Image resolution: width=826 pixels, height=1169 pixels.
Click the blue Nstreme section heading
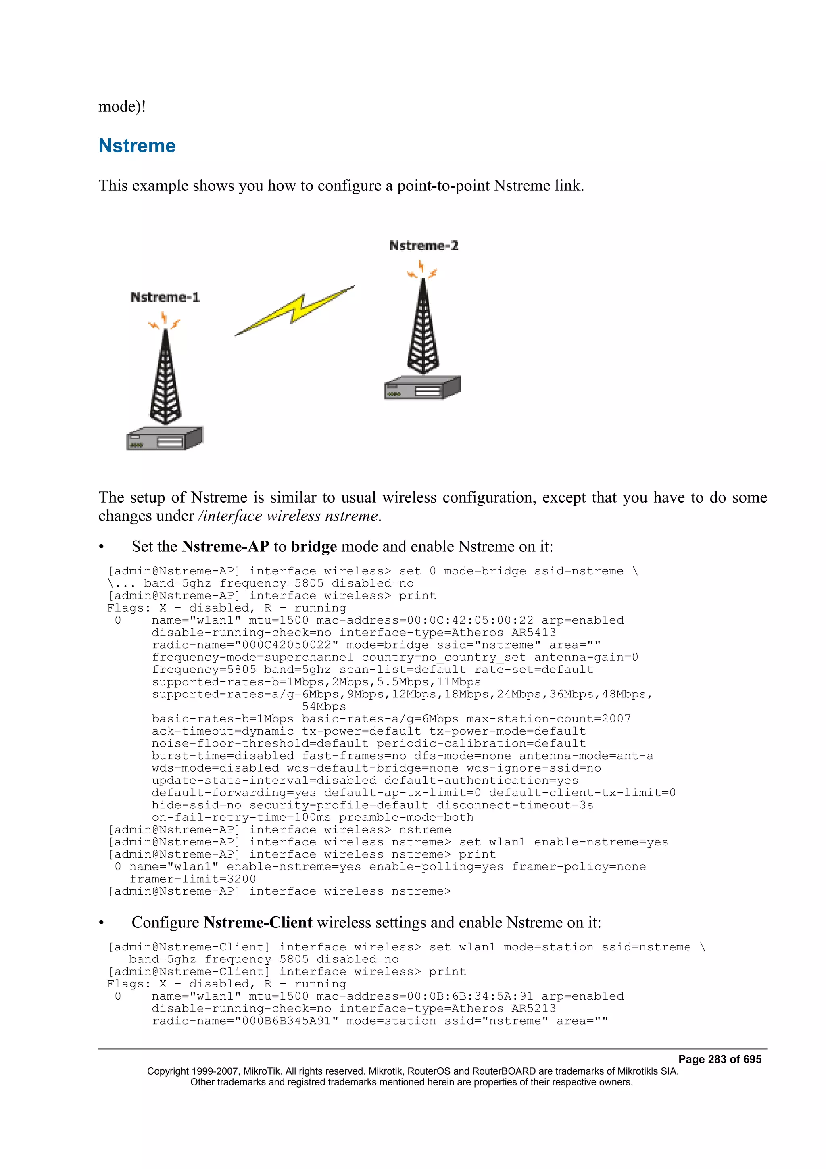coord(137,146)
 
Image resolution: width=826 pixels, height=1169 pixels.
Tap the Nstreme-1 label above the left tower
coord(165,297)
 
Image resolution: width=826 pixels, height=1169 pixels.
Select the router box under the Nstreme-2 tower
coord(422,388)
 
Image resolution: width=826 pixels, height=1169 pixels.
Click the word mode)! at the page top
coord(122,106)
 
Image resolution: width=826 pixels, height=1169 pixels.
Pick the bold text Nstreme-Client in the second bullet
coord(258,922)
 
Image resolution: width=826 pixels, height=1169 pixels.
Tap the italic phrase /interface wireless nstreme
coord(288,516)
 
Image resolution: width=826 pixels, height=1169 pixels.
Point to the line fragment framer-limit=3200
coord(193,879)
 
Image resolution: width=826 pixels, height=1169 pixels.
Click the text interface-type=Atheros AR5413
coord(447,633)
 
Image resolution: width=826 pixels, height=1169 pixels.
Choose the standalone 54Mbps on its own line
coord(324,706)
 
